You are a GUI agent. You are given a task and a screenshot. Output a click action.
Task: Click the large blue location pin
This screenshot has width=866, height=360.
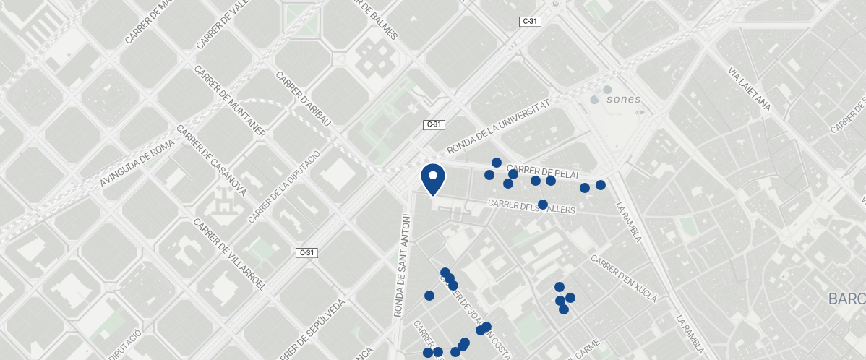[x=432, y=179]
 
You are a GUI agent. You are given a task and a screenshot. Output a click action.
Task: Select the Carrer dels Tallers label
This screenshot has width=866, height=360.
[x=531, y=207]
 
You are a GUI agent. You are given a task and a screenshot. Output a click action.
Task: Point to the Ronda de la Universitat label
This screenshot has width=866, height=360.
[x=498, y=126]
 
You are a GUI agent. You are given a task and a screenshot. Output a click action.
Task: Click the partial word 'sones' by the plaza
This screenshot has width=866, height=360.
[x=624, y=99]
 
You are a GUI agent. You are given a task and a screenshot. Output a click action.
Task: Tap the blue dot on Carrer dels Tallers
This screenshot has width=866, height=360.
[x=543, y=205]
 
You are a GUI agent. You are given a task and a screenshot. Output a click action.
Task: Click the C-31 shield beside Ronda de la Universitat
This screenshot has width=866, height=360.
[x=433, y=124]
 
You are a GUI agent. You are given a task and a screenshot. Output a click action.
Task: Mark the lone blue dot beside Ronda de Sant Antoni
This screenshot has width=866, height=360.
[x=429, y=296]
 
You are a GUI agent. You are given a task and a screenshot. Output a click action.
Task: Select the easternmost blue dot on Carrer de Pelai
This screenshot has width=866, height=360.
[x=600, y=185]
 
